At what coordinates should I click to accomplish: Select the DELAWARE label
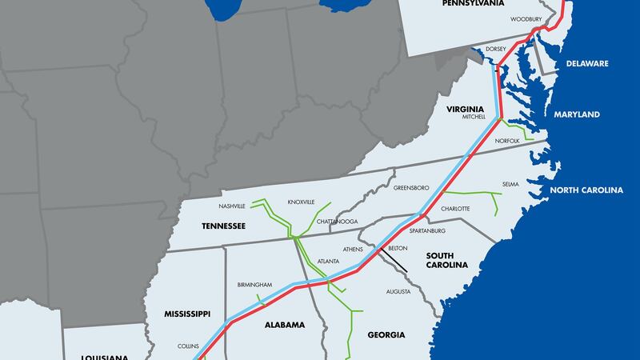tap(588, 63)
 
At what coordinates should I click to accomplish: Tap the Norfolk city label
tap(507, 141)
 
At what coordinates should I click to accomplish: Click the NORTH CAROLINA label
tap(586, 190)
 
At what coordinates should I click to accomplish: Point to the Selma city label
tap(510, 185)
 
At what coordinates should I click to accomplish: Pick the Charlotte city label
tap(455, 209)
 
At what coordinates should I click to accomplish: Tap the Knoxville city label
tap(302, 202)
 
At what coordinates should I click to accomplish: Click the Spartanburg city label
tap(426, 231)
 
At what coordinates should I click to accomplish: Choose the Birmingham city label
tap(255, 285)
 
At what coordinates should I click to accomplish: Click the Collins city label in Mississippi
tap(189, 346)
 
